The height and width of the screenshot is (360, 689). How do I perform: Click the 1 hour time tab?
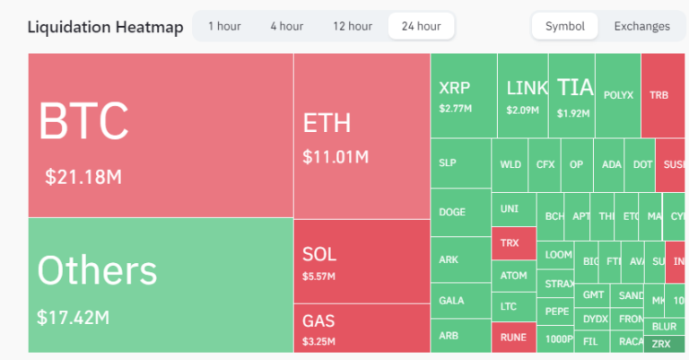(x=223, y=26)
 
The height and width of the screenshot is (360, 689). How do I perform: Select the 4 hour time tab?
(x=286, y=26)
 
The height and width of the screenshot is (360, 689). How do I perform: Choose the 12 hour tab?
(x=352, y=26)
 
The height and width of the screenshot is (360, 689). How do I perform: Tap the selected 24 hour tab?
(x=421, y=26)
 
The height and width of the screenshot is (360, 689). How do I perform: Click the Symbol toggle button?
(x=564, y=26)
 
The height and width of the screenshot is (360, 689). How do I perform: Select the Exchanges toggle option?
(x=641, y=26)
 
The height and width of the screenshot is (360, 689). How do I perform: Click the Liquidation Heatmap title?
(x=105, y=27)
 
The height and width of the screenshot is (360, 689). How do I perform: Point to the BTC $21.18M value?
(x=83, y=176)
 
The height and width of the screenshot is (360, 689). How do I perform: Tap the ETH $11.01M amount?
(x=336, y=156)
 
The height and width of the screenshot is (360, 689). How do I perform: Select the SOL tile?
(x=361, y=261)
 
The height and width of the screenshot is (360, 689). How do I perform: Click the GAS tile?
(x=361, y=328)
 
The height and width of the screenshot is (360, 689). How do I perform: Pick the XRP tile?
(x=463, y=95)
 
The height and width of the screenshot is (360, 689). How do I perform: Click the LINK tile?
(x=522, y=95)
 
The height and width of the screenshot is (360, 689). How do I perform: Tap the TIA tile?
(x=572, y=95)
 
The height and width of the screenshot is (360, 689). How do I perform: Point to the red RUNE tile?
(x=513, y=337)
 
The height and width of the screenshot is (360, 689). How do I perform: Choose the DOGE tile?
(x=460, y=213)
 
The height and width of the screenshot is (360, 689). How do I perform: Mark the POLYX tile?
(x=618, y=95)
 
